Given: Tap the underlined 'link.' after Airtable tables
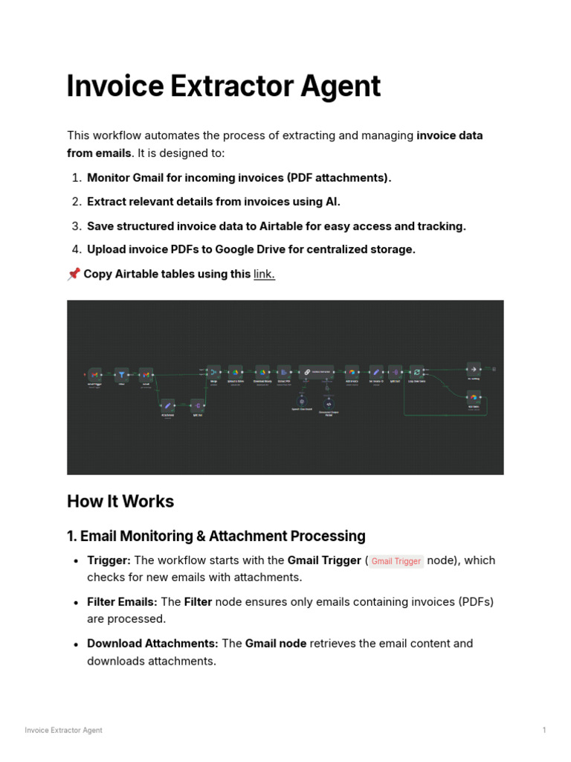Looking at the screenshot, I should [x=264, y=274].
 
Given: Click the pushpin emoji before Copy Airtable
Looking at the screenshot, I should [x=73, y=274].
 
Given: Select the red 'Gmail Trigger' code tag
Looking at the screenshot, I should [x=396, y=561].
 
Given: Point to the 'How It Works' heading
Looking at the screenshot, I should [x=120, y=501].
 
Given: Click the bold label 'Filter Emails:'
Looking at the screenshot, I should [x=122, y=601].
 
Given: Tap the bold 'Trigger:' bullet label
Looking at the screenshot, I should [x=109, y=560].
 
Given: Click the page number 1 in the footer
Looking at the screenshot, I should [x=544, y=730].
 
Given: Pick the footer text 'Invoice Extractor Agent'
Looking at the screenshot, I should [x=63, y=730].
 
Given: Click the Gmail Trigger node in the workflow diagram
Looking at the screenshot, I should [x=94, y=374].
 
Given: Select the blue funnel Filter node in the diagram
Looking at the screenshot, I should [x=122, y=374].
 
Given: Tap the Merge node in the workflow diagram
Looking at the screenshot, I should [x=213, y=371].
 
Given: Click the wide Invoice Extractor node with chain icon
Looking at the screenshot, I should [x=315, y=371].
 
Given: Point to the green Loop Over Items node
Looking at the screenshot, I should [x=416, y=371].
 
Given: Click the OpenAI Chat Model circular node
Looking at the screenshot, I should [x=301, y=403].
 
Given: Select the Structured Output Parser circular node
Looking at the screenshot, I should [x=329, y=403].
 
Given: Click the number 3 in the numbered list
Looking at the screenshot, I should [x=77, y=226].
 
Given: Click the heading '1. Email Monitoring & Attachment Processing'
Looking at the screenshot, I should [x=216, y=536].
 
